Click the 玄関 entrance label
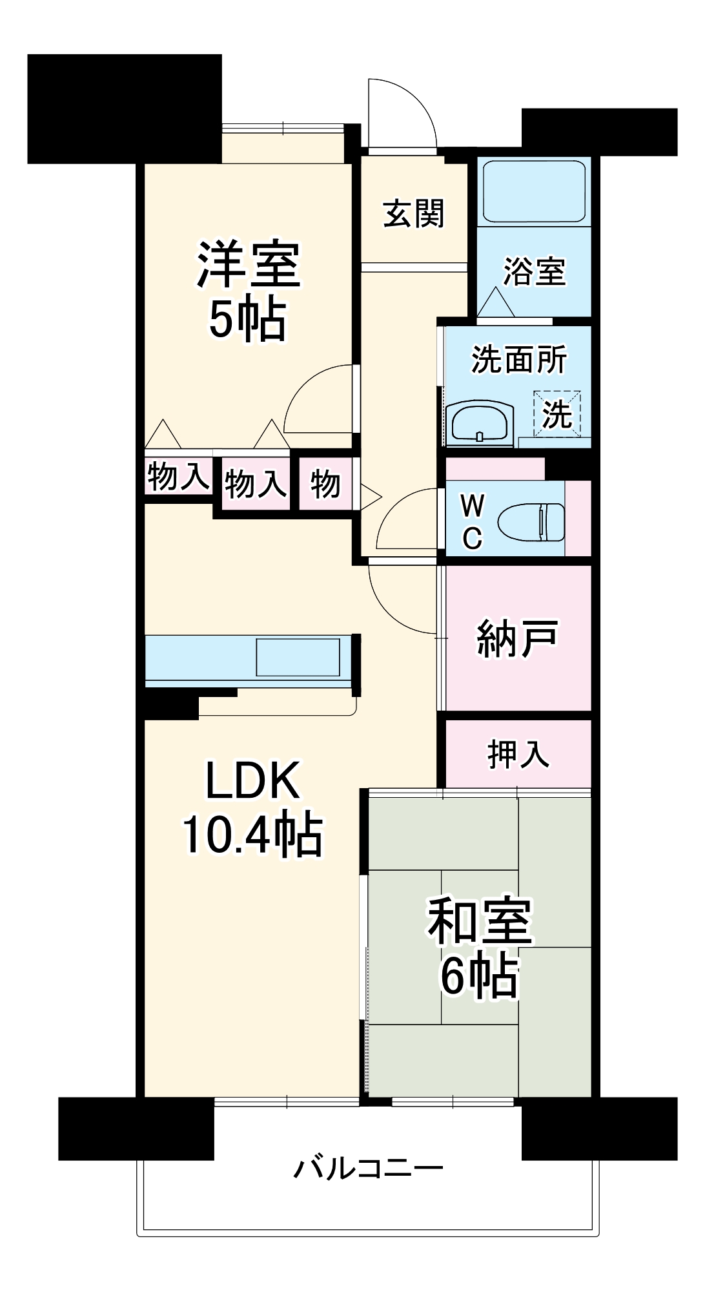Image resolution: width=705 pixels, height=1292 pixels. tap(414, 214)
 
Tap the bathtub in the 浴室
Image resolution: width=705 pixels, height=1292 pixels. tap(534, 191)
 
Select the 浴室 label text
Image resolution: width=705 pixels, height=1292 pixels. tap(534, 271)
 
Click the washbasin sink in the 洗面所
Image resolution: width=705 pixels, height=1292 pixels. tap(482, 423)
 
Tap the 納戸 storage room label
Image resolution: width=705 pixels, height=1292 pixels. tap(516, 638)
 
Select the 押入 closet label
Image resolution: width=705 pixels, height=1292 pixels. tap(518, 754)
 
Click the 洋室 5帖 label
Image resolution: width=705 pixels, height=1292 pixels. tap(248, 291)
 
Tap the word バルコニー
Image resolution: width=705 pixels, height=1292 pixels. tap(369, 1169)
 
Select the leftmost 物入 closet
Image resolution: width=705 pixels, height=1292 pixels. tap(178, 477)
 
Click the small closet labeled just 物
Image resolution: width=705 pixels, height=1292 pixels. tap(325, 483)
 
